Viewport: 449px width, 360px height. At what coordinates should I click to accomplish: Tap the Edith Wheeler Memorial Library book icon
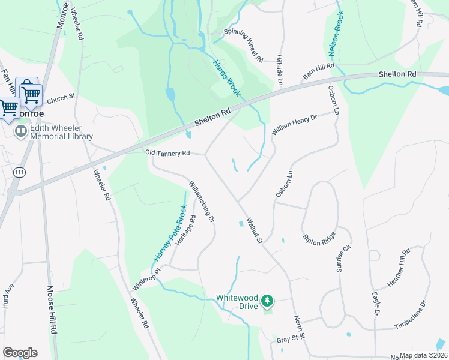[21, 131]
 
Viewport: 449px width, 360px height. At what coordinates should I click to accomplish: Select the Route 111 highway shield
[19, 172]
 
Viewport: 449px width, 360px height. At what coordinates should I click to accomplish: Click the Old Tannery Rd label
[167, 154]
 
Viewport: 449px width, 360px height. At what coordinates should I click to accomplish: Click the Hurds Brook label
[227, 77]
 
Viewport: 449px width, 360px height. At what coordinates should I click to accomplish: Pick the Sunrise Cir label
[342, 259]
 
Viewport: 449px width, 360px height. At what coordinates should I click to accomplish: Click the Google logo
[20, 353]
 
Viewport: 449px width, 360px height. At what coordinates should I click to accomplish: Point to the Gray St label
[288, 339]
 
